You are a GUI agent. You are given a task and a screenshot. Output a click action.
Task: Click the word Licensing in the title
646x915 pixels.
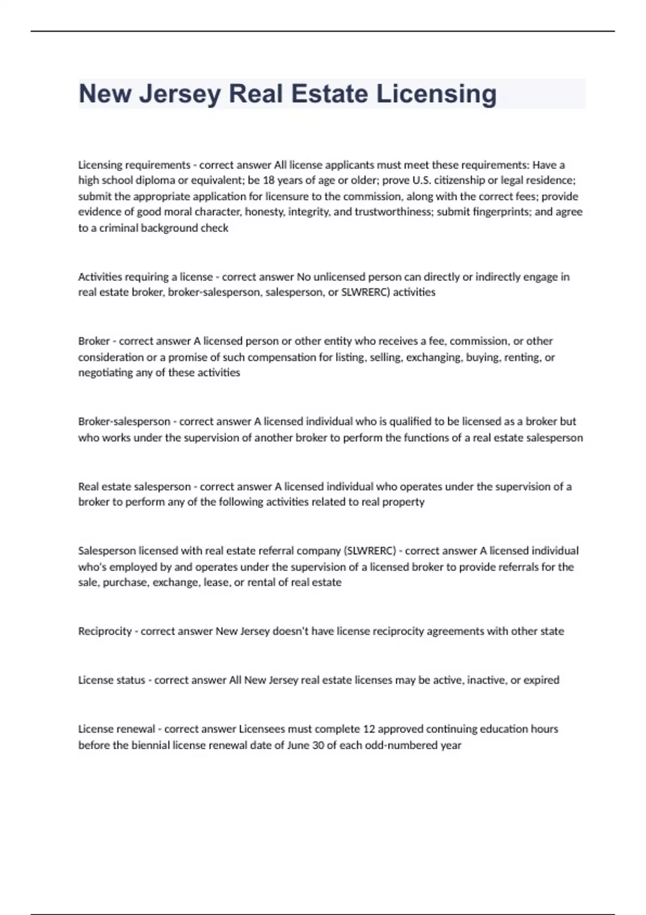(x=436, y=94)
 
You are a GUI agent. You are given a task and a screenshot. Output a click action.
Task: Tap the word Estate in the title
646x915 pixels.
(x=329, y=94)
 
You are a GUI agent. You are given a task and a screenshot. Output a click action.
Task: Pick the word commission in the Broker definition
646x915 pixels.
(x=479, y=341)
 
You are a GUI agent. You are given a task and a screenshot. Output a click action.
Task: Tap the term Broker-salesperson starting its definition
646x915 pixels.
(x=124, y=421)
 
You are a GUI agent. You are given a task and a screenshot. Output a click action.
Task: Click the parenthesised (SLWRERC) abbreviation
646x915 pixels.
(x=369, y=551)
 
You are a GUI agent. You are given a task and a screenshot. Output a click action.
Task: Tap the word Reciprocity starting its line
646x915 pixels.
(x=105, y=631)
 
